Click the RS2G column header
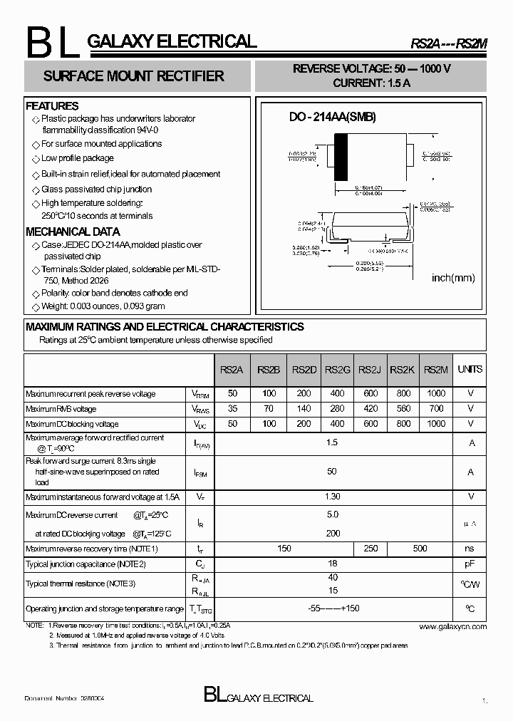point(337,369)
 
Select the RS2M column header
point(435,369)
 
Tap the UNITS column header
point(470,369)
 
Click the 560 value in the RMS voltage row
point(403,409)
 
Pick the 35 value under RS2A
point(232,409)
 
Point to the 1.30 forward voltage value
point(332,497)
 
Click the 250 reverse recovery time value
point(370,549)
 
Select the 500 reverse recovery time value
point(420,549)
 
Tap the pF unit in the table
point(470,564)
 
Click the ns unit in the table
point(470,549)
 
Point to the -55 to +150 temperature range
point(332,609)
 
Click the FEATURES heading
point(52,106)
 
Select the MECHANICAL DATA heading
point(73,232)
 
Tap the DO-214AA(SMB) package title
point(332,118)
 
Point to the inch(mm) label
point(453,278)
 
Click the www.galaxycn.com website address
point(452,626)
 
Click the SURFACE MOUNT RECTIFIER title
point(133,76)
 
